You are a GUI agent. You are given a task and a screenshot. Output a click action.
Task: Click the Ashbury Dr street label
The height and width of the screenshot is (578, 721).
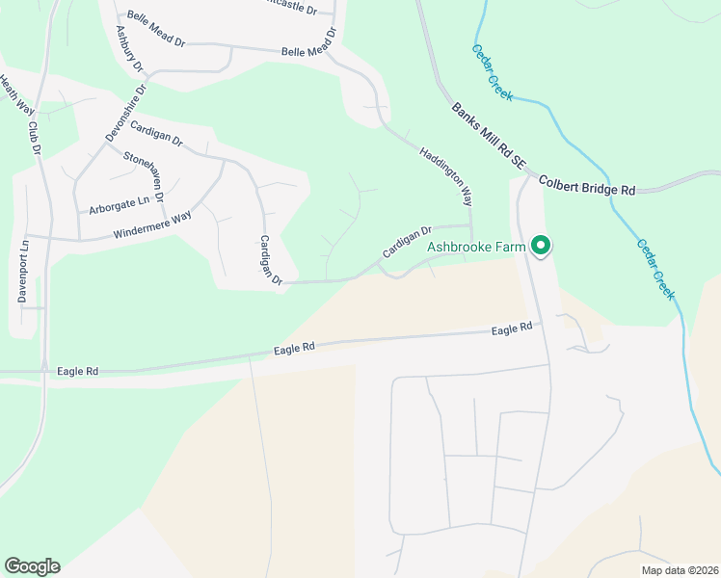click(128, 49)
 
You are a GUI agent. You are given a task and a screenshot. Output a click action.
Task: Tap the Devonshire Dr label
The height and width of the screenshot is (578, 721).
click(125, 113)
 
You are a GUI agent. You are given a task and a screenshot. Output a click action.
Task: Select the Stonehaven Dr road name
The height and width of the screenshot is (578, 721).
click(153, 173)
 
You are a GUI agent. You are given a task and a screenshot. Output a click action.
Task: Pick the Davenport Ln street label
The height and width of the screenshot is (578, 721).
click(23, 271)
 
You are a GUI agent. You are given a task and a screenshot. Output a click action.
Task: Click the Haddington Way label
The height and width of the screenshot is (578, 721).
click(445, 176)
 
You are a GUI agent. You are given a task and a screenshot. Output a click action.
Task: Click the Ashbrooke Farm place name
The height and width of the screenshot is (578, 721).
click(477, 247)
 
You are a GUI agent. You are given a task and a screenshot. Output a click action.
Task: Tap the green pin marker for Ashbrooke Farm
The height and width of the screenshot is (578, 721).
click(541, 247)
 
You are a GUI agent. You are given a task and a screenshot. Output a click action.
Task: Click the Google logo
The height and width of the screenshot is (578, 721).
click(32, 565)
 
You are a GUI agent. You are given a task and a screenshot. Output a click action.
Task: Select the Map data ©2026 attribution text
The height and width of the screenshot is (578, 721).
click(679, 569)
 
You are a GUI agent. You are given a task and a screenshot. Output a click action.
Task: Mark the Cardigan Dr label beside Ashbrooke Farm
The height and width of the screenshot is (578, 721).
click(406, 242)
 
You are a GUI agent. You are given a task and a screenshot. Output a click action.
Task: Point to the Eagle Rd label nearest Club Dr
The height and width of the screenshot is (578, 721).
click(78, 369)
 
